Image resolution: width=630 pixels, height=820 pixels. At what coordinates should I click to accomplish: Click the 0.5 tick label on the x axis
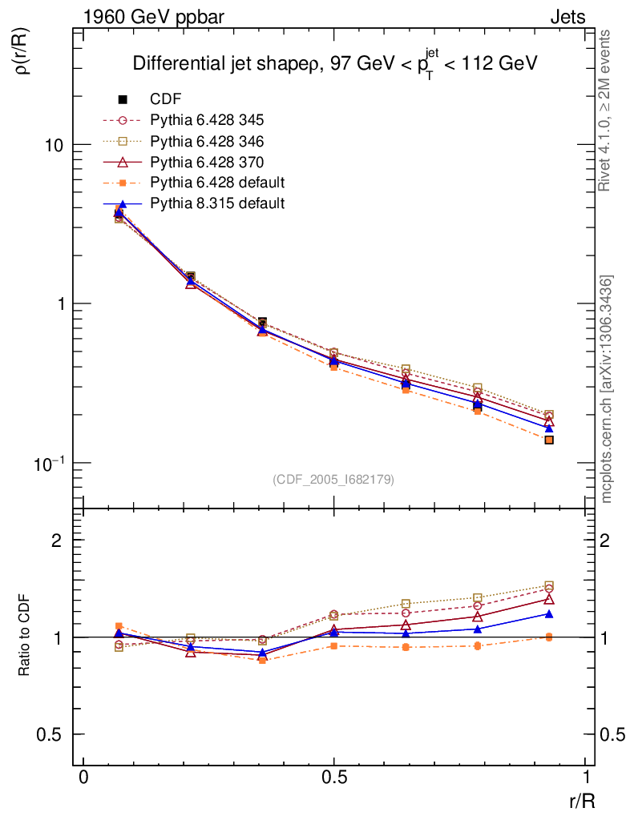pyautogui.click(x=334, y=778)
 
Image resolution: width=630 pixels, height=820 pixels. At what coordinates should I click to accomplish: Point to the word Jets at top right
pyautogui.click(x=567, y=17)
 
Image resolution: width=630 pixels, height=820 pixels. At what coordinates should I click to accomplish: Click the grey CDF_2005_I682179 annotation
pyautogui.click(x=333, y=479)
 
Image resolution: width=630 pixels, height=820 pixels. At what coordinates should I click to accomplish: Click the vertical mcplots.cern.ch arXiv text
pyautogui.click(x=608, y=389)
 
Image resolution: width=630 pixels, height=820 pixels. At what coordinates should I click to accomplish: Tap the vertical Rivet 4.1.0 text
pyautogui.click(x=608, y=112)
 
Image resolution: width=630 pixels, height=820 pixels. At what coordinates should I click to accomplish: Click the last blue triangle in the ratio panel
pyautogui.click(x=549, y=614)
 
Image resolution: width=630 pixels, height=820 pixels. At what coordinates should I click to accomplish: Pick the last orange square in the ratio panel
pyautogui.click(x=549, y=637)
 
